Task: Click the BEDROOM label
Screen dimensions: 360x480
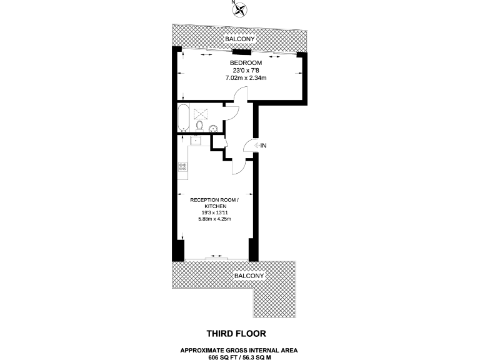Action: coord(246,63)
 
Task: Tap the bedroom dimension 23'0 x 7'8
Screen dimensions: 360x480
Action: coord(246,71)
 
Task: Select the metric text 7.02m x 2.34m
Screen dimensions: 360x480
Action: coord(246,78)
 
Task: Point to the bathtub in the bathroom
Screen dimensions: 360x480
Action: coord(182,118)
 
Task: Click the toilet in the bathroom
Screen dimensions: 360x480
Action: coord(199,127)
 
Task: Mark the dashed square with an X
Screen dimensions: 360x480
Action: coord(200,114)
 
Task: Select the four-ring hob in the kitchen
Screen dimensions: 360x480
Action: coord(183,166)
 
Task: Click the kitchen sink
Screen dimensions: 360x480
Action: coord(195,140)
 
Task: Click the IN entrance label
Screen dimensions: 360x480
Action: coord(263,146)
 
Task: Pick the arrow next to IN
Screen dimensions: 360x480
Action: coord(256,146)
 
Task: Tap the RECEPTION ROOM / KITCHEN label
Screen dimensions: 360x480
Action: coord(214,202)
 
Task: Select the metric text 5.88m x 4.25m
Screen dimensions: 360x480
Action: coord(214,219)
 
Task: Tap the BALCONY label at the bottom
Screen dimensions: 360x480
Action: coord(249,276)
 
